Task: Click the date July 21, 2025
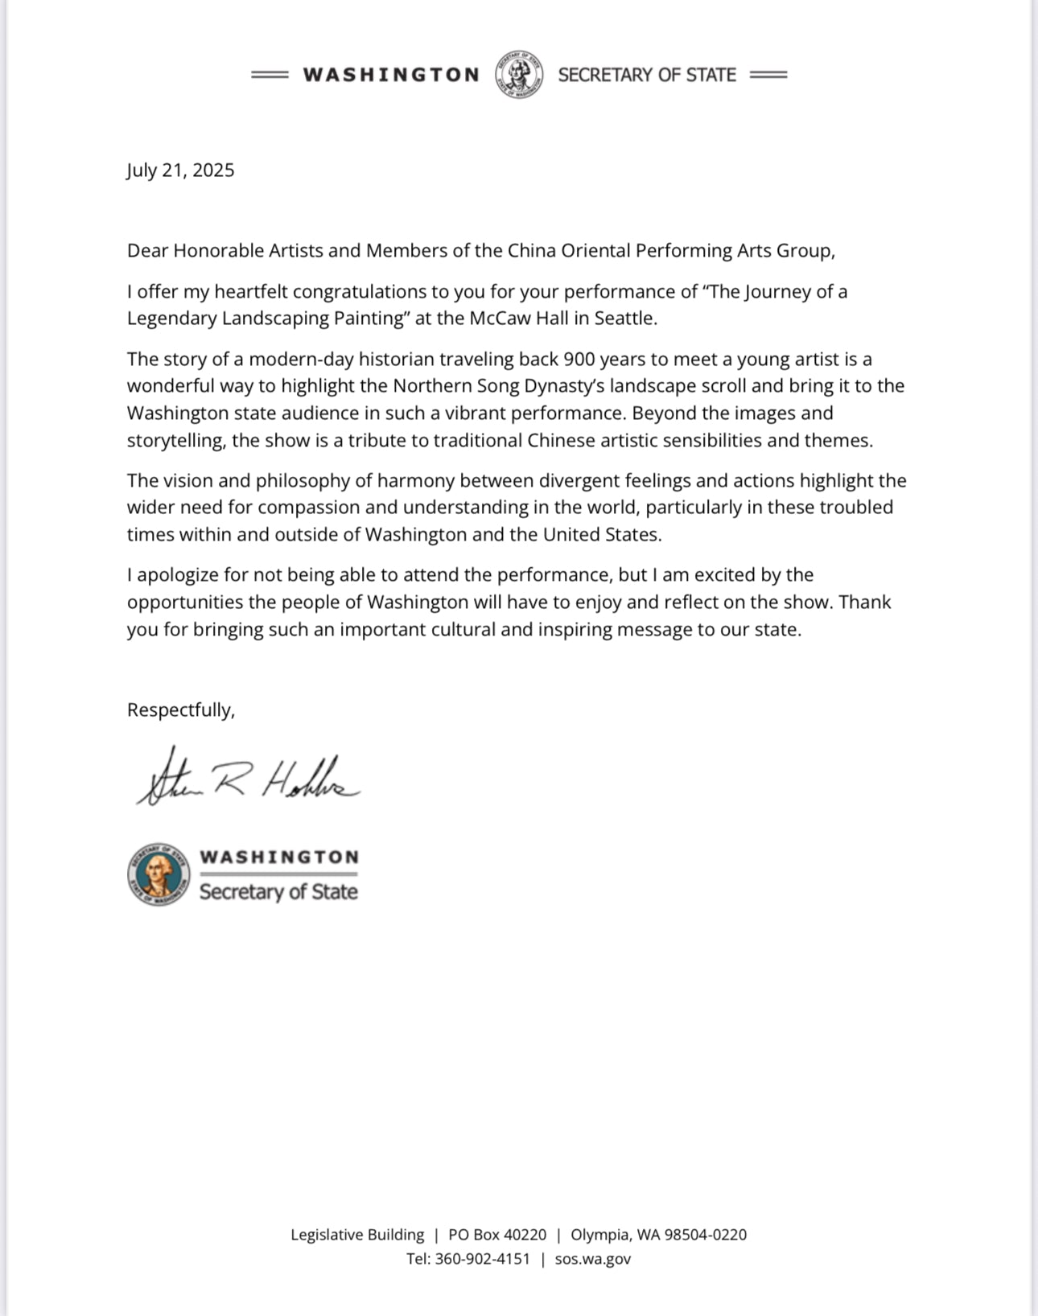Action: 180,171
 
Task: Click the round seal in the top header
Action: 519,75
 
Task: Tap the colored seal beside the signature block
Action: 159,874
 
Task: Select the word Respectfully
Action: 180,710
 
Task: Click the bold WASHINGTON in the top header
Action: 391,75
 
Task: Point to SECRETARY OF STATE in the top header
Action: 647,75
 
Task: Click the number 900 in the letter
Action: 579,359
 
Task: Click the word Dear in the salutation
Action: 147,251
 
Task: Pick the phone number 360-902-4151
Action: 482,1259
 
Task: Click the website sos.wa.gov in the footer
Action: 593,1259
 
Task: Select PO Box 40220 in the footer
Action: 497,1235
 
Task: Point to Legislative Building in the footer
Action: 357,1235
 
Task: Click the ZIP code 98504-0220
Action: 705,1235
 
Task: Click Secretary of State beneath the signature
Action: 278,891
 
